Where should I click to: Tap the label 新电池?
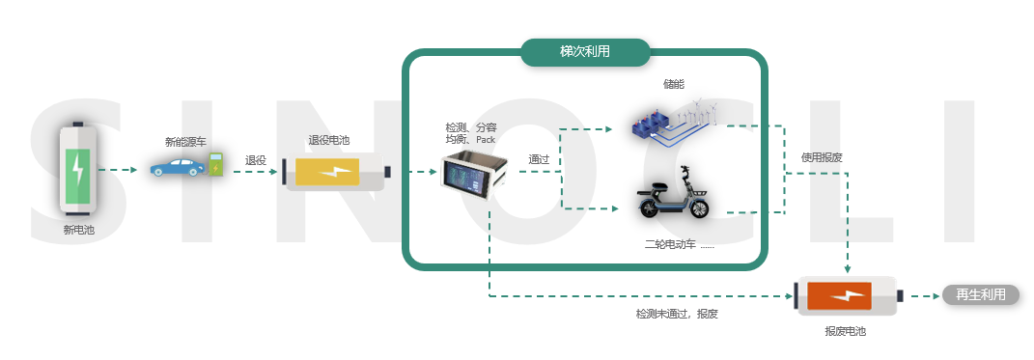pos(79,230)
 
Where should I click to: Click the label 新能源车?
pos(186,142)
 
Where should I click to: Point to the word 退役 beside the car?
pos(255,161)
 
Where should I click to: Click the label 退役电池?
pos(329,141)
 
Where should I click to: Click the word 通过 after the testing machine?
pos(539,159)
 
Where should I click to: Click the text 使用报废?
pos(822,156)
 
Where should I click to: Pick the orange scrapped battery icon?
pos(849,296)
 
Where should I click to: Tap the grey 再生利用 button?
pos(980,295)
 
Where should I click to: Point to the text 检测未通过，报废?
pos(677,315)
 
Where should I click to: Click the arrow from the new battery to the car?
pos(120,171)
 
